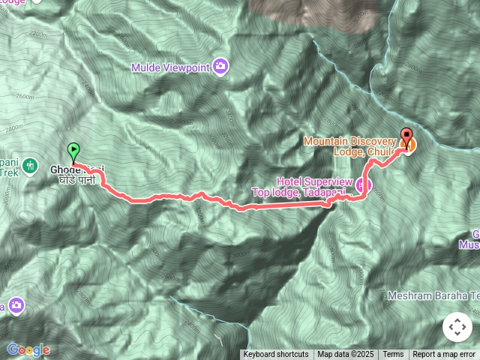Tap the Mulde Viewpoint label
(x=169, y=67)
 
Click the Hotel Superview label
(x=315, y=181)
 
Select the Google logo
(x=28, y=349)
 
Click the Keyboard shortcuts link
(x=275, y=355)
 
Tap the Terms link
(x=393, y=355)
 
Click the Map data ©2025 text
(x=344, y=355)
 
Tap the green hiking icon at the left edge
(x=30, y=165)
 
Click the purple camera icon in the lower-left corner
(x=16, y=306)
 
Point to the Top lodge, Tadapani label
(x=298, y=193)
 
